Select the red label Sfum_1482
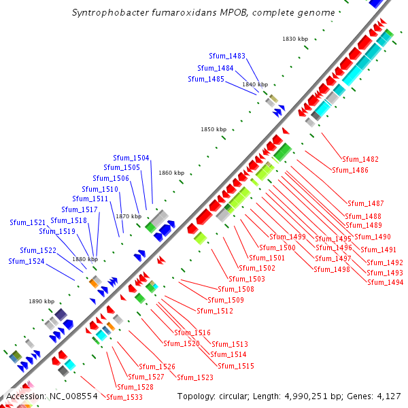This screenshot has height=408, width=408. [x=360, y=159]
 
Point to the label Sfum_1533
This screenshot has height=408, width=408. [x=124, y=397]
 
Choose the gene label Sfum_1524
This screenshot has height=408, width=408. [x=27, y=261]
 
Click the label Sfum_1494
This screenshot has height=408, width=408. [x=385, y=282]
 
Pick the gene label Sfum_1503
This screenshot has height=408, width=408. [x=247, y=279]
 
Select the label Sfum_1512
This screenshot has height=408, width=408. [x=215, y=311]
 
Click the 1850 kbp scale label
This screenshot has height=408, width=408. [x=213, y=129]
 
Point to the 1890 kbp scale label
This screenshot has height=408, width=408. [x=41, y=301]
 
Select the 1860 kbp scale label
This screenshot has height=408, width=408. [x=171, y=173]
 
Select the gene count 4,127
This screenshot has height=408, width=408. [x=388, y=396]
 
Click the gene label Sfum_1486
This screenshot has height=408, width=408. [x=350, y=170]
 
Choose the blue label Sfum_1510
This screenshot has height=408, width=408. [x=100, y=189]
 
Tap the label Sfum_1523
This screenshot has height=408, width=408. [x=195, y=377]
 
